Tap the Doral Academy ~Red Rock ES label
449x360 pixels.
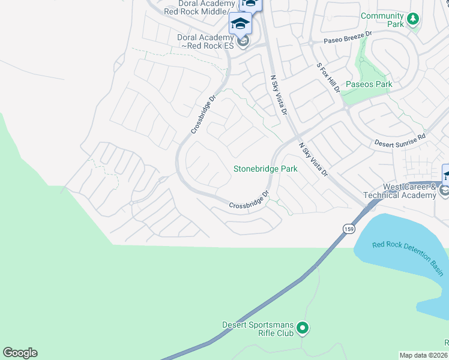(205, 41)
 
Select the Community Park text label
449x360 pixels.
(382, 20)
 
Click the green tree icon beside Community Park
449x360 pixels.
(412, 19)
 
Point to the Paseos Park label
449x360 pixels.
(367, 84)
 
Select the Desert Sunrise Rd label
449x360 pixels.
(400, 140)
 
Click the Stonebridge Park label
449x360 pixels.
(265, 169)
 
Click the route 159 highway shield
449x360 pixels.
(349, 229)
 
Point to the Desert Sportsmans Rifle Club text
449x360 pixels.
(258, 329)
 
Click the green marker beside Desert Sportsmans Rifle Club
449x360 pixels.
(303, 328)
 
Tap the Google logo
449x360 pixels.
(20, 353)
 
